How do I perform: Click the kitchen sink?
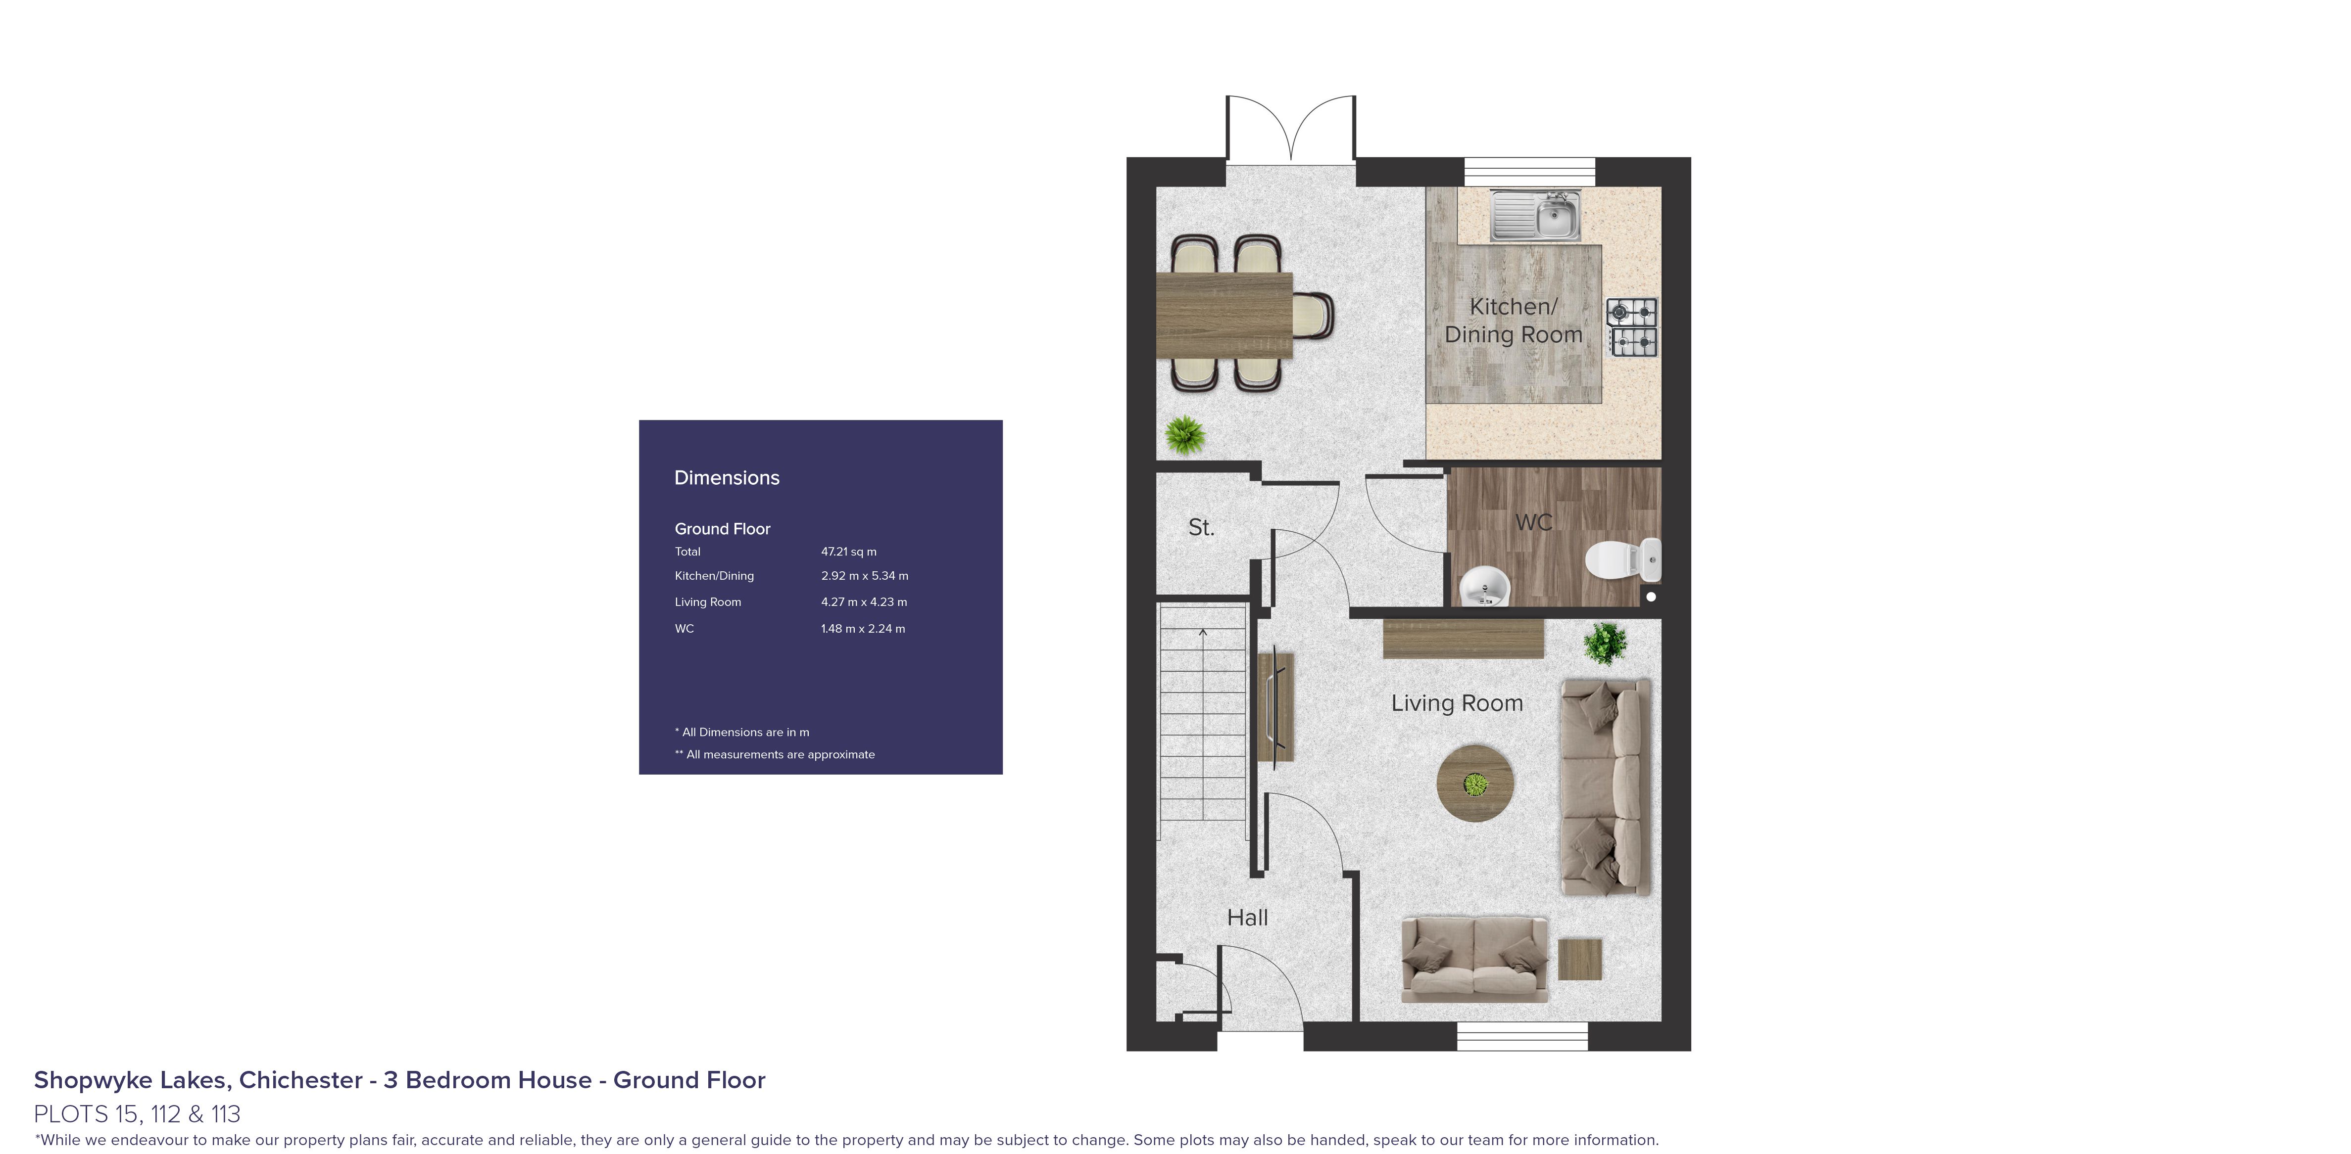coord(1535,215)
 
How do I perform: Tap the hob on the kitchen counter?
coord(1632,326)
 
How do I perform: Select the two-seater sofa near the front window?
coord(1473,960)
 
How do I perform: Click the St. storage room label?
coord(1201,527)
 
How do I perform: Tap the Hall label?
coord(1247,918)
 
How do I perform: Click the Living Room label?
coord(1457,703)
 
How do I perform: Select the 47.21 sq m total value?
coord(848,552)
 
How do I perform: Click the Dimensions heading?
coord(727,478)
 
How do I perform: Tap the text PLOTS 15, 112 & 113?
coord(137,1114)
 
